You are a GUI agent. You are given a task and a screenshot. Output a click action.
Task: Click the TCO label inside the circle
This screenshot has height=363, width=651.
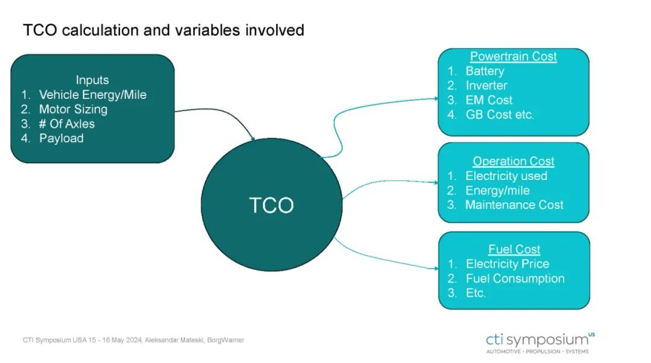(271, 205)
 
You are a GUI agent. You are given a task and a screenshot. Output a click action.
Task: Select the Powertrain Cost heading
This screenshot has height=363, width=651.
(513, 56)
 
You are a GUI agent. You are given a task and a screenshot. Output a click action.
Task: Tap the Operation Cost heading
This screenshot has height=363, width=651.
(513, 161)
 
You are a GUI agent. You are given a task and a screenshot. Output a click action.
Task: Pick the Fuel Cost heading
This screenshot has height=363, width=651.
(514, 249)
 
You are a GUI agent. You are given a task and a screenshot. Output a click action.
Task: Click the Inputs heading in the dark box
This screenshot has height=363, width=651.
(92, 80)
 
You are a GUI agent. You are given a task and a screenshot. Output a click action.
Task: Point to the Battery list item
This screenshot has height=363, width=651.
(485, 71)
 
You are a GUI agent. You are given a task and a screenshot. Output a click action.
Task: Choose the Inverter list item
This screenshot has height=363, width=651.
(486, 85)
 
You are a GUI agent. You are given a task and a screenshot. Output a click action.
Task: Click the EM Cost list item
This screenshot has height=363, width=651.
(489, 100)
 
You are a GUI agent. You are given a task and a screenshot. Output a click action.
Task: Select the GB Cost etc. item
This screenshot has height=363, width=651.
(500, 114)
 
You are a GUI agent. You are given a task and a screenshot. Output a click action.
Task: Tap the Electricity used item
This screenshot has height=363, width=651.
(506, 176)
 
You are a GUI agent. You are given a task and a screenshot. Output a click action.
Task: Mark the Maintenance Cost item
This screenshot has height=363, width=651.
(514, 205)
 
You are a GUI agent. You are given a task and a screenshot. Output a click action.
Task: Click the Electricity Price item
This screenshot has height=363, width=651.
(508, 264)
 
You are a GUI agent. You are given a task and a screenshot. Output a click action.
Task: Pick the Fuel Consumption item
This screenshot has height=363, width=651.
(515, 278)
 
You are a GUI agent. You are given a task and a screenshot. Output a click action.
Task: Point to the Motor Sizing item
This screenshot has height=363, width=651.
(73, 109)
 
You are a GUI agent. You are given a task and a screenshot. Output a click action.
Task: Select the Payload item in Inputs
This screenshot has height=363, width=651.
(61, 138)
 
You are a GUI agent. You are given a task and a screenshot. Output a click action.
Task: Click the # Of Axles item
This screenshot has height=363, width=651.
(66, 124)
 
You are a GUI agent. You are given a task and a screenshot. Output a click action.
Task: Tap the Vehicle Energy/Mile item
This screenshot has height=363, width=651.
(93, 95)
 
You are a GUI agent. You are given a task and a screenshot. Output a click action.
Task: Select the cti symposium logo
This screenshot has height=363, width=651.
(539, 342)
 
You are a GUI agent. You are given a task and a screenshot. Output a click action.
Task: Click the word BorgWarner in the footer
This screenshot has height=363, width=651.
(225, 340)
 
